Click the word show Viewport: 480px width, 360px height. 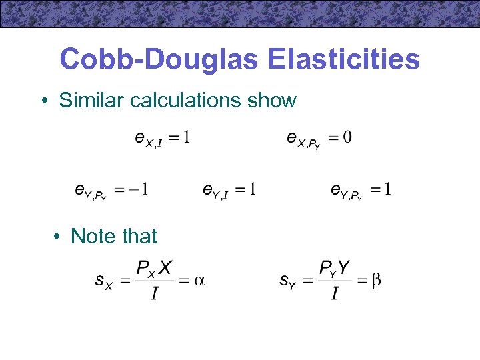tap(271, 101)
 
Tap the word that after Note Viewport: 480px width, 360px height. tap(137, 236)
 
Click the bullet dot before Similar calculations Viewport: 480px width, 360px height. tap(43, 101)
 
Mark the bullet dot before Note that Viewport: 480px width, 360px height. tap(59, 237)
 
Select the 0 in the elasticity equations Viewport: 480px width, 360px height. tap(348, 138)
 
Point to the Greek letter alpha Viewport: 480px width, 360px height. tap(199, 281)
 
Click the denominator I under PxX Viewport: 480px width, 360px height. tap(154, 294)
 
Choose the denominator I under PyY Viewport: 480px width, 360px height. tap(334, 294)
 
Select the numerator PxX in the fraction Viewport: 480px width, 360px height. tap(154, 269)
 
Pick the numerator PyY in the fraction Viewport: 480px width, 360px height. tap(335, 269)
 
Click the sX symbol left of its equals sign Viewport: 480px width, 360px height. tap(103, 282)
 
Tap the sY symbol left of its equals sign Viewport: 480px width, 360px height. tap(286, 282)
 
